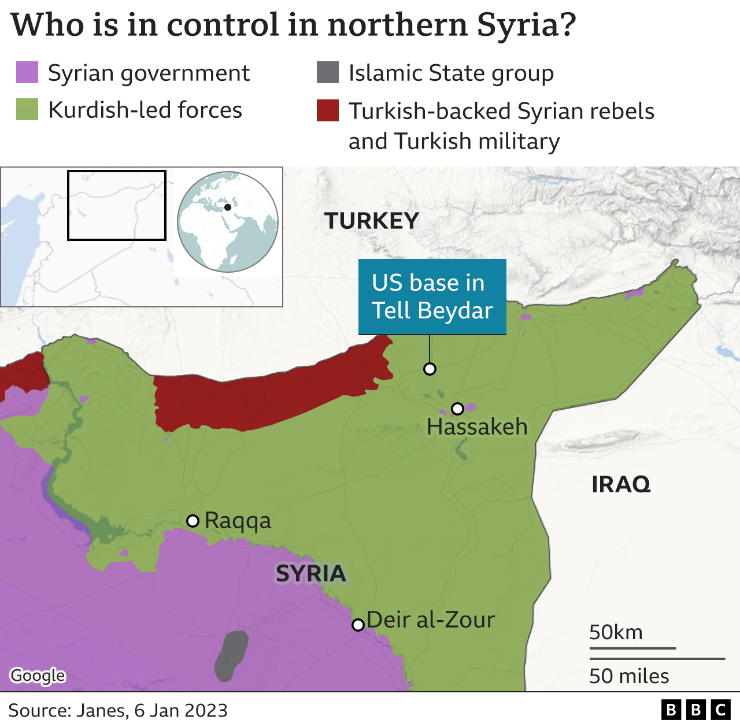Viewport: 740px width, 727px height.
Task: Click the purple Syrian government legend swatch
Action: click(27, 73)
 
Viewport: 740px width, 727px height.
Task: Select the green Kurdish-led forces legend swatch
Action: click(27, 109)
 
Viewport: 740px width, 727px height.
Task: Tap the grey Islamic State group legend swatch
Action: click(328, 73)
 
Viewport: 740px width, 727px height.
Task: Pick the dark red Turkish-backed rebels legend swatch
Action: click(328, 110)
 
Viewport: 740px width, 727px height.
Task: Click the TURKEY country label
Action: click(371, 221)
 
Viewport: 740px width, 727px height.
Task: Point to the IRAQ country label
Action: click(621, 484)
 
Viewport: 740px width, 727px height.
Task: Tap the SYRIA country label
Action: click(310, 574)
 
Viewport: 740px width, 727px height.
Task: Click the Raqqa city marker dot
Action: click(193, 521)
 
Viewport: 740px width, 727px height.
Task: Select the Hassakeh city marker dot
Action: click(457, 409)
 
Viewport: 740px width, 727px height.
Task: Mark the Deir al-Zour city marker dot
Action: click(358, 625)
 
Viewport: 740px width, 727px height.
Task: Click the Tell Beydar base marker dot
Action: click(430, 369)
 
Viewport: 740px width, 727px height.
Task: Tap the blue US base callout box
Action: click(432, 296)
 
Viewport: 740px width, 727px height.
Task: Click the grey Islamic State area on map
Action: click(231, 655)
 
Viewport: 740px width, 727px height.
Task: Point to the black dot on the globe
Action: click(228, 207)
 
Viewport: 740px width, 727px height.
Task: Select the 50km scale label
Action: click(616, 632)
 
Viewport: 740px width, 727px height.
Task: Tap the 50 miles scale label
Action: click(629, 676)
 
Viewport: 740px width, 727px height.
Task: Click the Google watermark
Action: click(38, 675)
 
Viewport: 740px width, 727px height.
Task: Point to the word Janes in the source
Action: click(102, 710)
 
